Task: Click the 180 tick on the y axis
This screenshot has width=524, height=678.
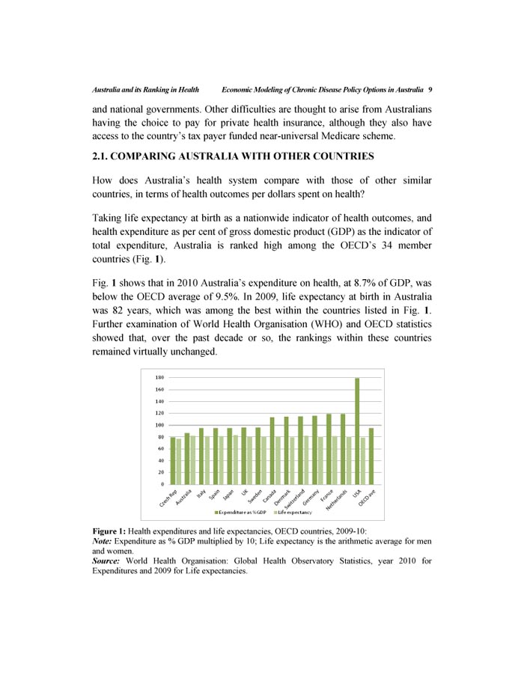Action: [159, 378]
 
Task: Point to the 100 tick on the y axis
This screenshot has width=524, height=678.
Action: [159, 425]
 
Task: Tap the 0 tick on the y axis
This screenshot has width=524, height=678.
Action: [162, 484]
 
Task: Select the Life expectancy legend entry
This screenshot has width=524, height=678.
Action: [295, 512]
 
